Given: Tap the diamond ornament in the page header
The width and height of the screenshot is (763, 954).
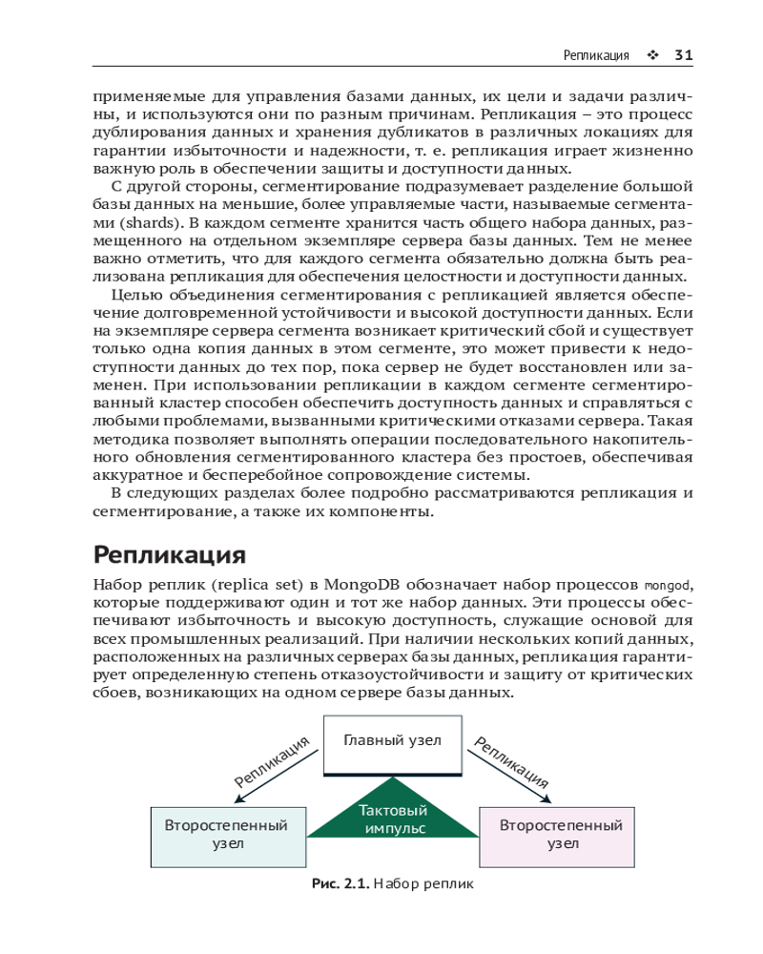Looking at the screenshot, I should point(652,55).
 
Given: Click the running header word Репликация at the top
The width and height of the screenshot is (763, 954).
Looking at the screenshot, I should point(596,55).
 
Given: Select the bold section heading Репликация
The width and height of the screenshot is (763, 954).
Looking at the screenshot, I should point(170,554).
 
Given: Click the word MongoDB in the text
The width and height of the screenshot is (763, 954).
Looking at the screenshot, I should point(362,584).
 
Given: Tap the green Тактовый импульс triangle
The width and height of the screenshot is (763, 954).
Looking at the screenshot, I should point(393,819).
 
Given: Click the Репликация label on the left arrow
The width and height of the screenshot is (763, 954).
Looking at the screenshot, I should point(274,761).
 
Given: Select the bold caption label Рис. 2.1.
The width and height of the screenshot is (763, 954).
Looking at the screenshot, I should point(340,884).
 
